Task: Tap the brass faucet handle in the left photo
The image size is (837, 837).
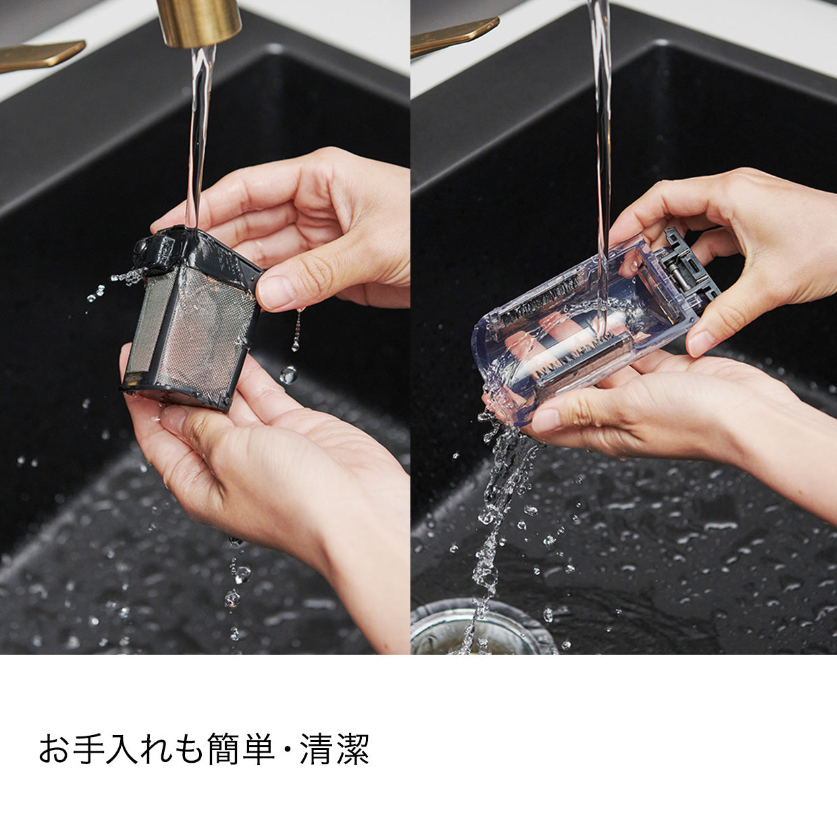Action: (39, 55)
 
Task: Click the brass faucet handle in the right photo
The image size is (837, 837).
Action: (453, 36)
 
